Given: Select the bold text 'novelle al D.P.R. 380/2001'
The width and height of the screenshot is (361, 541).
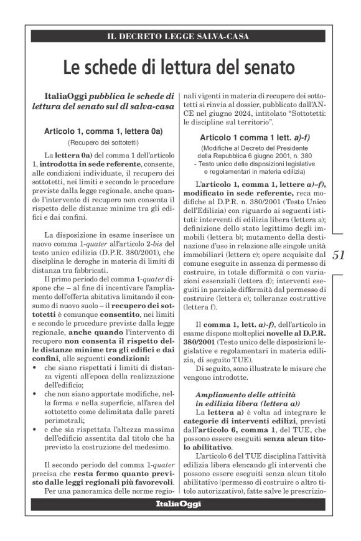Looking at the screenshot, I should [297, 342].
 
